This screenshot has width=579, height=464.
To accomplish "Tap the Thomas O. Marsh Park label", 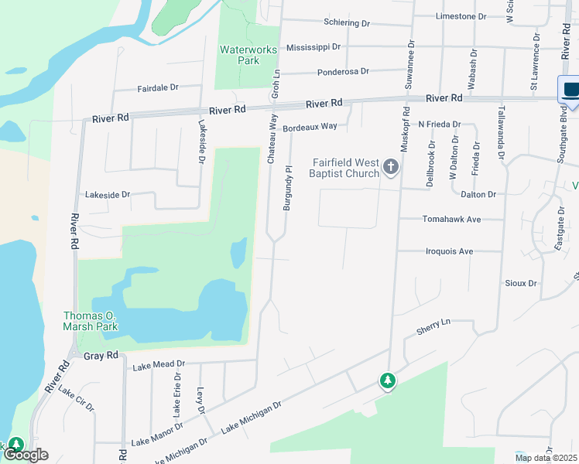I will (x=90, y=321).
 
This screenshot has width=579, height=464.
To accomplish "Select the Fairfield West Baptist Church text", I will (x=345, y=168).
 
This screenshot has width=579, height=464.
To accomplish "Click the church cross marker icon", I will (x=392, y=167).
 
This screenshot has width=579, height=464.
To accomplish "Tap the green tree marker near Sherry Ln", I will (x=387, y=380).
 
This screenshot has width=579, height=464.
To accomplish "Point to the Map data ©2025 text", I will (x=545, y=458).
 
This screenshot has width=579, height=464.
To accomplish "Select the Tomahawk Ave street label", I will (x=452, y=219).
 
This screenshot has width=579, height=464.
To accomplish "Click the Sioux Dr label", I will (x=520, y=284).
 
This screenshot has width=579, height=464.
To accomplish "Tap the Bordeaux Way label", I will (x=310, y=126).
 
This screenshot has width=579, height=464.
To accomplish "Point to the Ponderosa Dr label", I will (x=343, y=71).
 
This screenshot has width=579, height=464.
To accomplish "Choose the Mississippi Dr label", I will (x=313, y=46).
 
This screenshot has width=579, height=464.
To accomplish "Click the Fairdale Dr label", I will (x=158, y=88).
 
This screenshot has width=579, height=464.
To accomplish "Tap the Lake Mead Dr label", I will (x=159, y=363).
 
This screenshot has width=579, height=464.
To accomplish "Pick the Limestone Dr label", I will (x=461, y=16).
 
